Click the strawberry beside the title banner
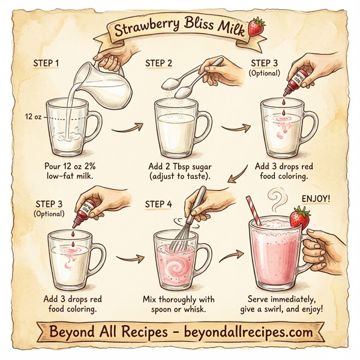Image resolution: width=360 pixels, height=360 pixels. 258,26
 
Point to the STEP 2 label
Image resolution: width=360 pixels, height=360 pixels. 158,62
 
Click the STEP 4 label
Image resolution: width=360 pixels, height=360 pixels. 158,204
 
